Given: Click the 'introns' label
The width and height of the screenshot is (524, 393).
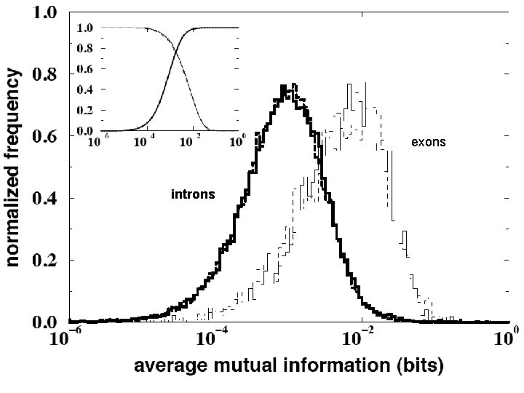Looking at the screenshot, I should [x=192, y=194].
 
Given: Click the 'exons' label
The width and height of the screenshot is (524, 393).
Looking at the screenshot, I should [x=428, y=143].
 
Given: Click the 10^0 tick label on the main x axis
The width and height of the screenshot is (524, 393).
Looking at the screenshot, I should [x=504, y=338].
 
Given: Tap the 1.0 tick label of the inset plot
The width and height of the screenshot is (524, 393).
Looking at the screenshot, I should [x=84, y=28].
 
